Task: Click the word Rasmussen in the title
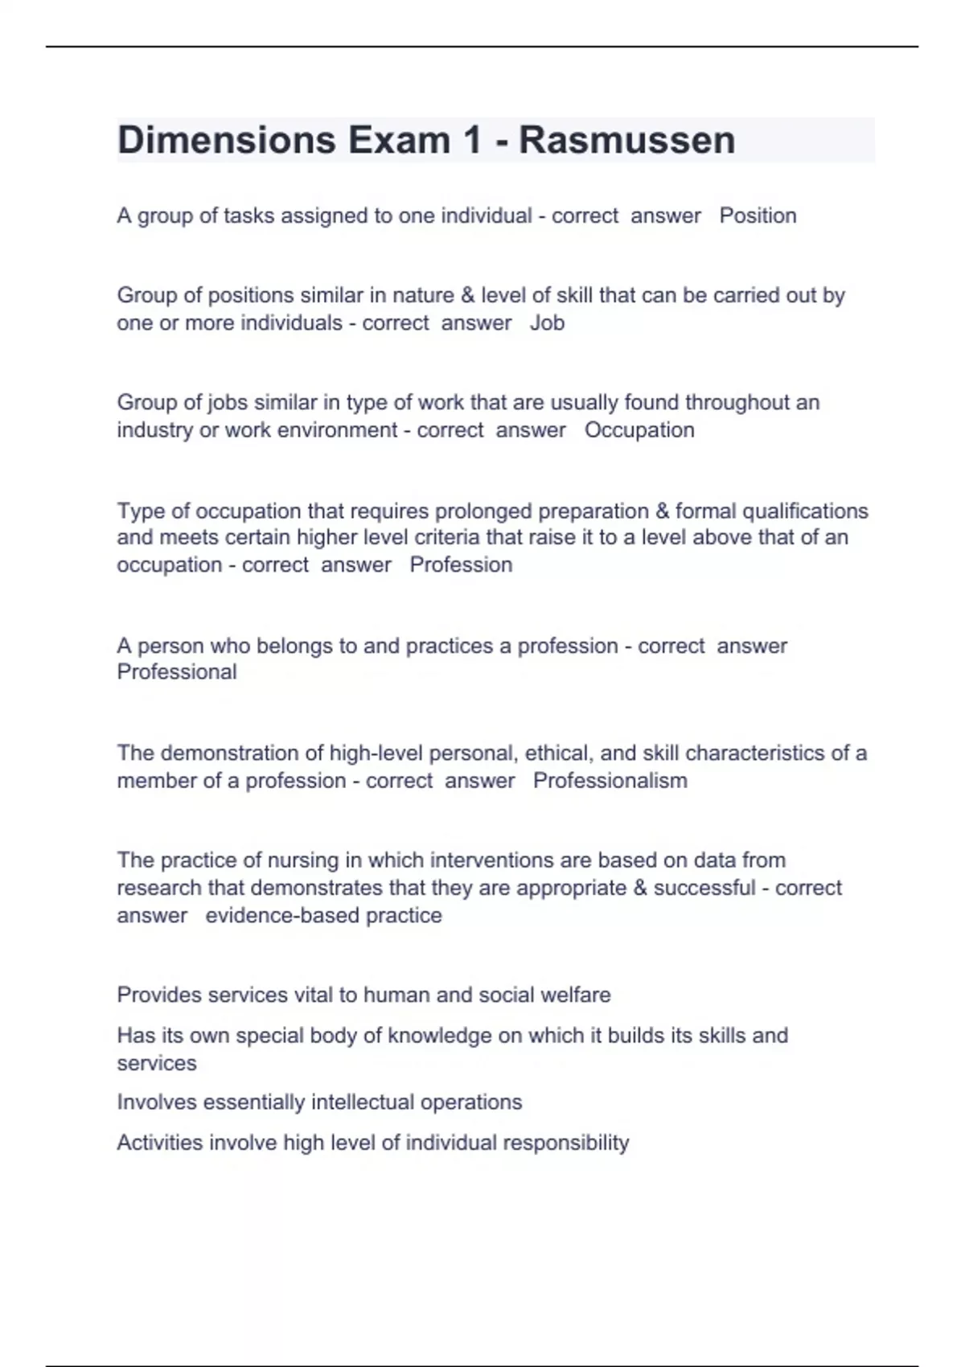(626, 141)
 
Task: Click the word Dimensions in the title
(227, 141)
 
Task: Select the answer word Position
(758, 216)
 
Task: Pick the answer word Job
(547, 323)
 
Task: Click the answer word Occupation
(639, 430)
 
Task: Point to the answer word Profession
(461, 564)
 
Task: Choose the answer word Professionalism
(610, 781)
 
